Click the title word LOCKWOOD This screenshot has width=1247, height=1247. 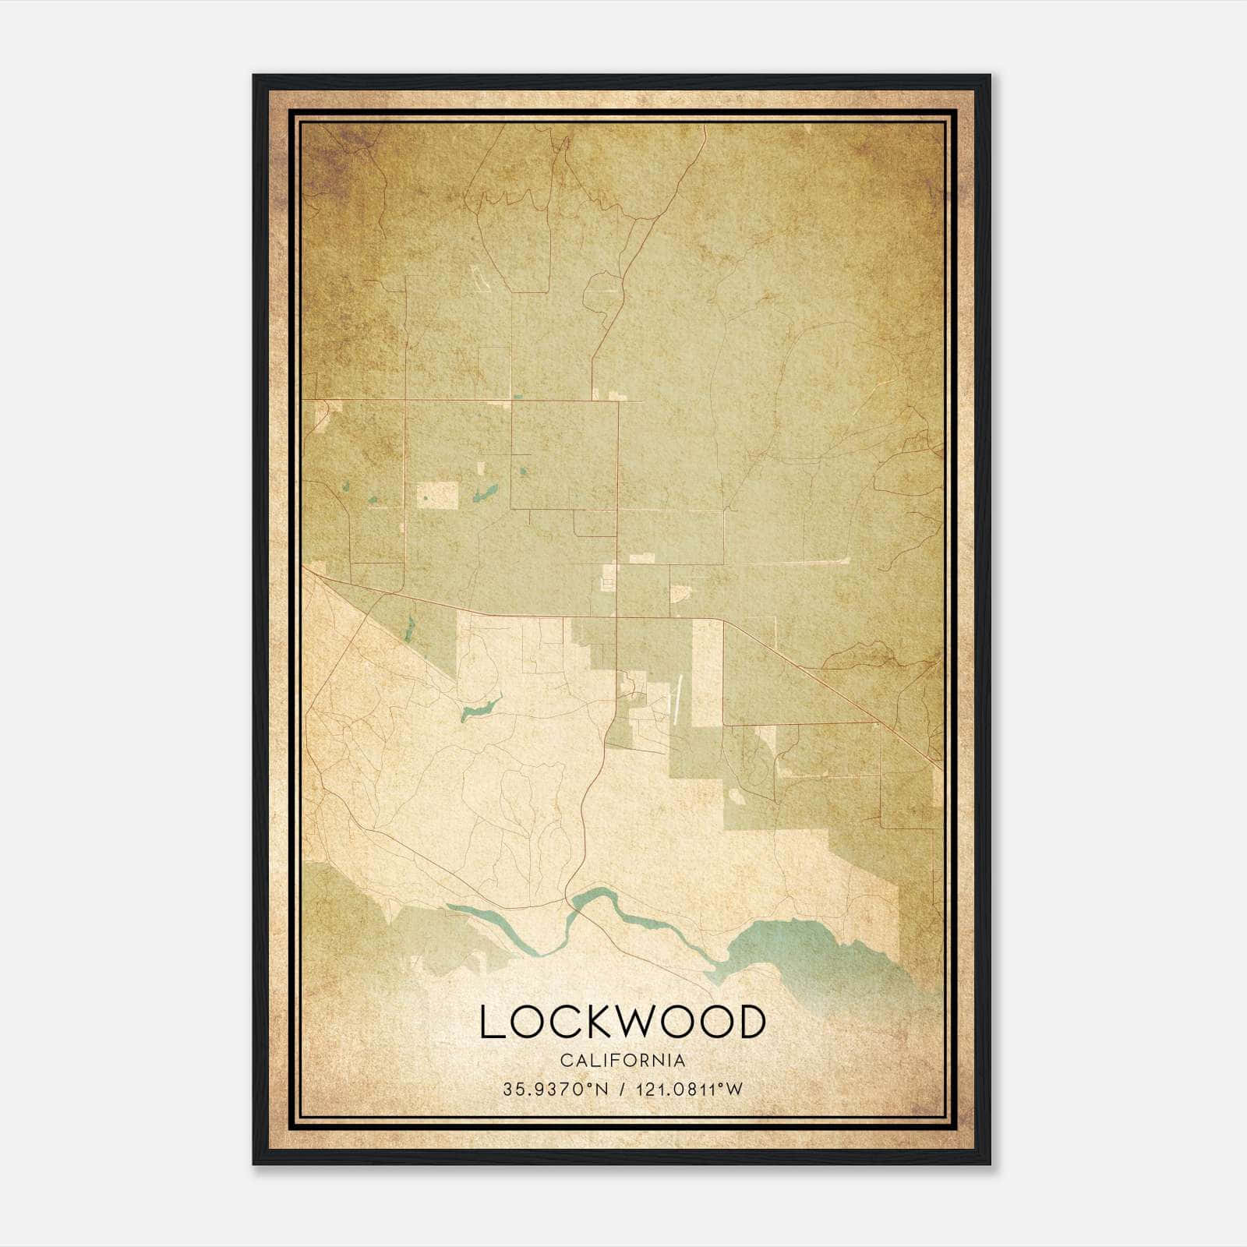[623, 1022]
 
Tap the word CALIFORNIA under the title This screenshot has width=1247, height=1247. [623, 1061]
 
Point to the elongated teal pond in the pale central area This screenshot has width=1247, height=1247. [479, 709]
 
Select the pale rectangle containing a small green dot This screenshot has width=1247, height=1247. [438, 495]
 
